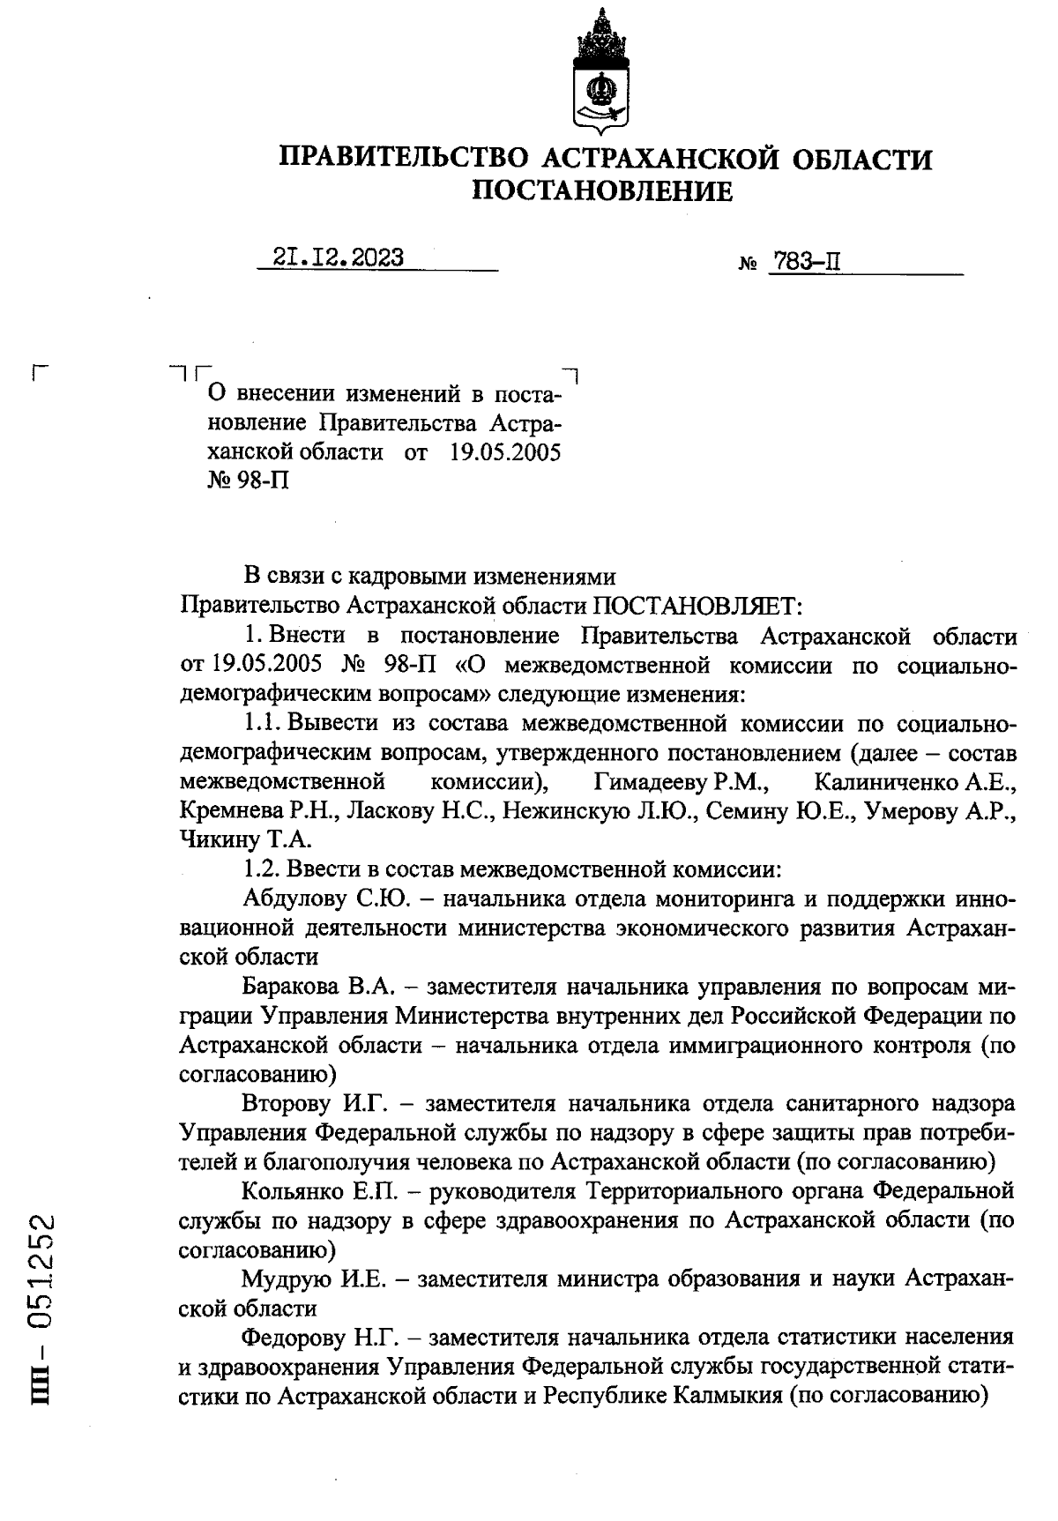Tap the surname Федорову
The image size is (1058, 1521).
[x=294, y=1338]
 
